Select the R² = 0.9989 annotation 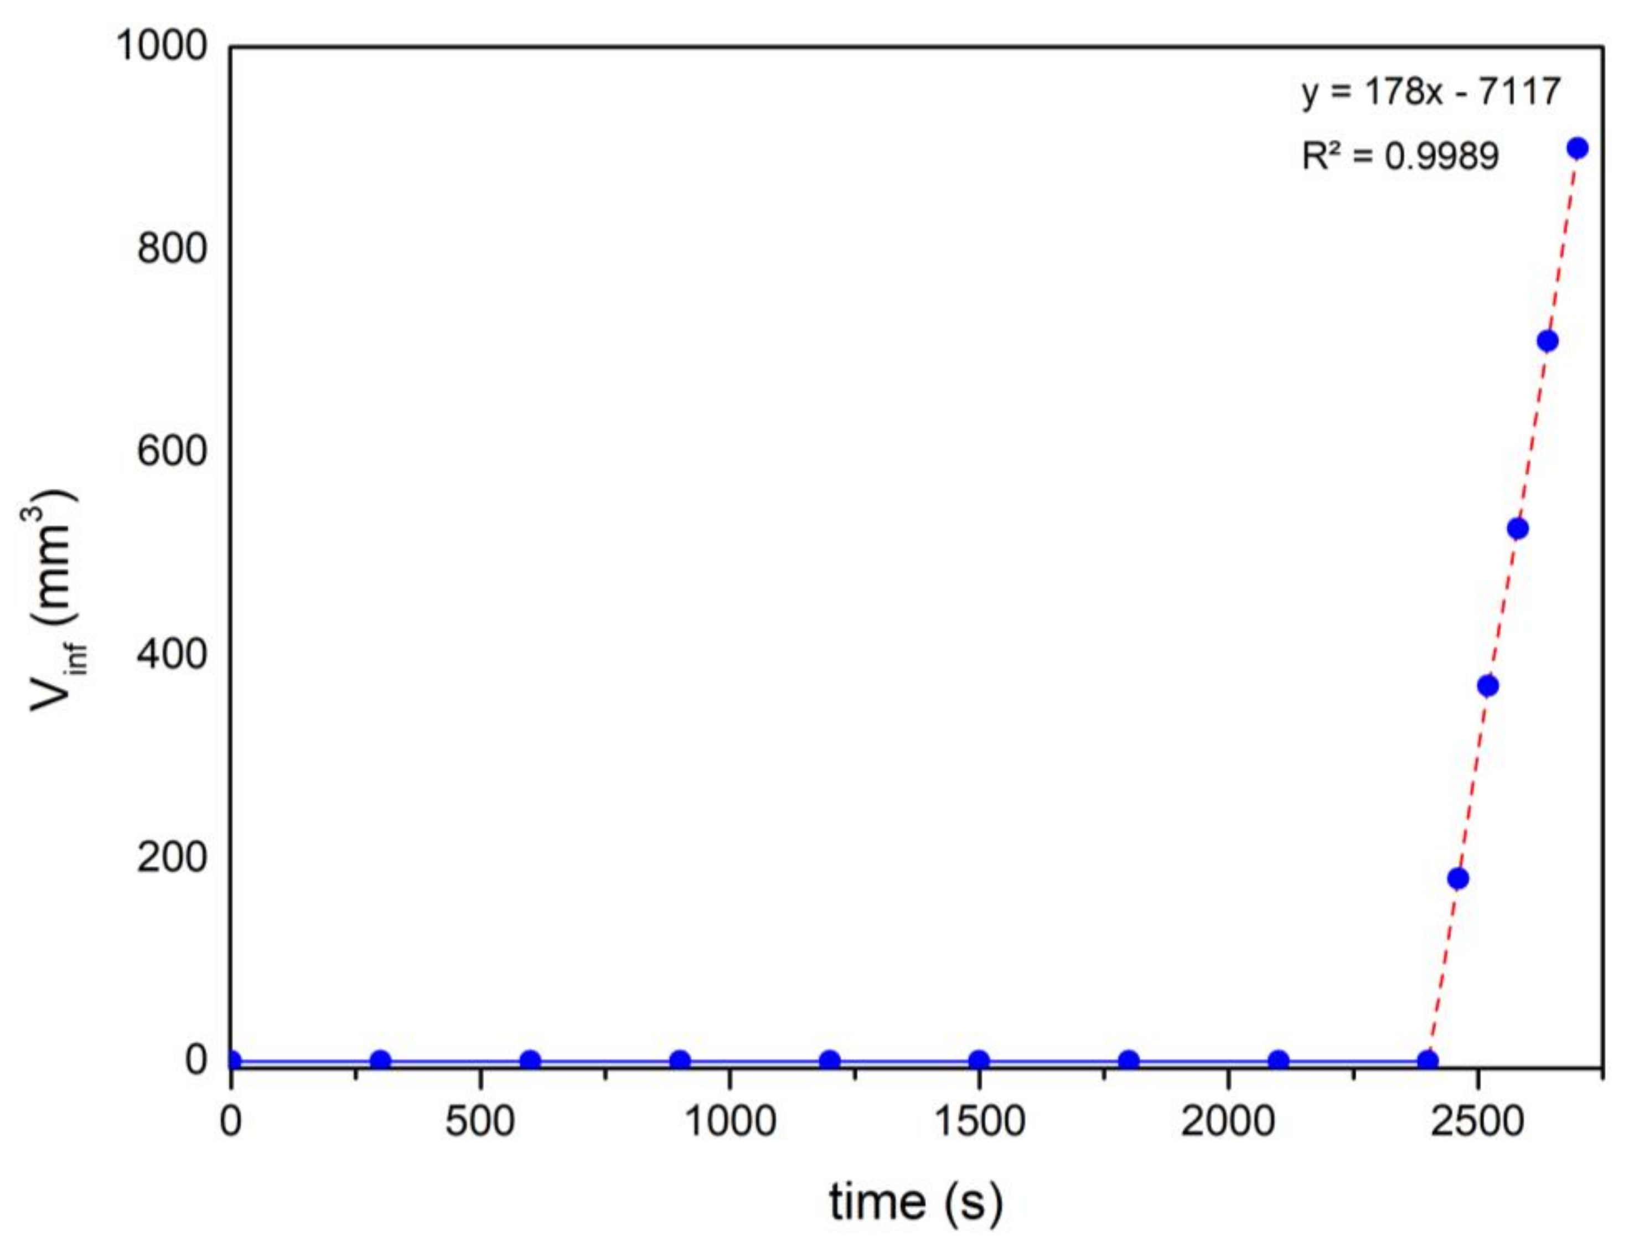pos(1399,157)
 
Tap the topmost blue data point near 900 pos(1577,148)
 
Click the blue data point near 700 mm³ pos(1547,341)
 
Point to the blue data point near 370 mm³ pos(1487,686)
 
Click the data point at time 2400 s pos(1428,1060)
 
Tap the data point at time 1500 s pos(979,1060)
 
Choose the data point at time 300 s pos(380,1060)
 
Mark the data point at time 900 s pos(680,1060)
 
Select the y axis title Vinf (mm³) pos(56,601)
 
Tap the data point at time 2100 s pos(1279,1060)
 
